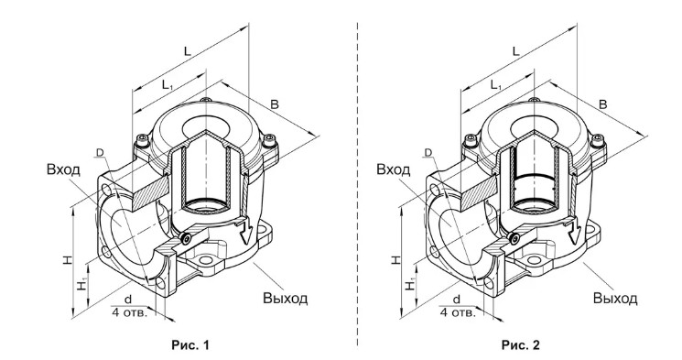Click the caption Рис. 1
point(190,345)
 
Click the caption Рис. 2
point(521,345)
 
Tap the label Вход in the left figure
point(63,169)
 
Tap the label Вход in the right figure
point(394,169)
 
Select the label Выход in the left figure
point(285,299)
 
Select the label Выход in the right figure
point(615,299)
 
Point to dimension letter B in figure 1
point(274,104)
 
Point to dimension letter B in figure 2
point(603,104)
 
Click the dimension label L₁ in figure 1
point(168,85)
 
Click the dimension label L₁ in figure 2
point(496,85)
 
